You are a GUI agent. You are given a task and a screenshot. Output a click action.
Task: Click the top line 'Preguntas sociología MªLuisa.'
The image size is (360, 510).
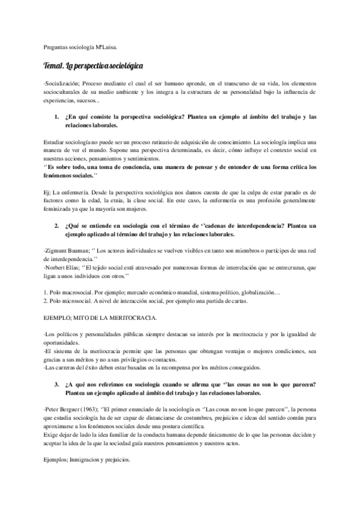[x=84, y=46]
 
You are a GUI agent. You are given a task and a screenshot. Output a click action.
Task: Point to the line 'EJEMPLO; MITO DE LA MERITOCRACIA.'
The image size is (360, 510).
[x=99, y=316]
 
